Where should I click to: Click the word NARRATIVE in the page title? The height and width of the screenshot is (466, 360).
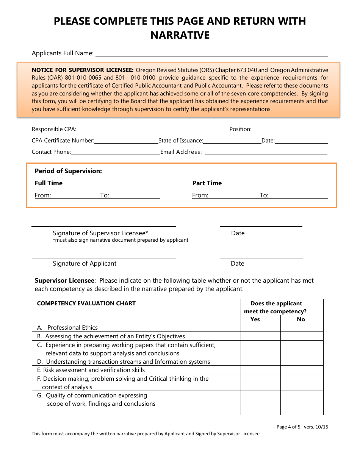coord(180,35)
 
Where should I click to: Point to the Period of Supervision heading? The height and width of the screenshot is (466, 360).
coord(68,171)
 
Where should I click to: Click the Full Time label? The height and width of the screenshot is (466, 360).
coord(49,183)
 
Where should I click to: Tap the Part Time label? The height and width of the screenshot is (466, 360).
coord(207,183)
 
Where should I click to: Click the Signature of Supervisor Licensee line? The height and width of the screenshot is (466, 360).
coord(103,226)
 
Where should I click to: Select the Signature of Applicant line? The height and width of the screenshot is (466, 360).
coord(104,258)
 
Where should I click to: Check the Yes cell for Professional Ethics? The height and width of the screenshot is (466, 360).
coord(261,328)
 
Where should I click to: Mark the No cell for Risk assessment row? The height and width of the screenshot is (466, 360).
coord(302,370)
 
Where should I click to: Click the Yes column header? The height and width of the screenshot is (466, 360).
coord(255,319)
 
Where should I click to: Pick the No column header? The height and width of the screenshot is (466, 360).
coord(301,319)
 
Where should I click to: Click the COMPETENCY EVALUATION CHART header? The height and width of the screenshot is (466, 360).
coord(86,303)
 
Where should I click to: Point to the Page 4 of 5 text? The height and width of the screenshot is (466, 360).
coord(288,427)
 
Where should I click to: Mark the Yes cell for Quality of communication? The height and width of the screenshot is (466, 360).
coord(261,403)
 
